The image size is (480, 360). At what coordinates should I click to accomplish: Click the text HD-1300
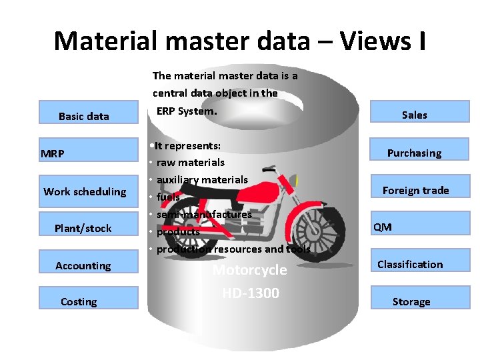[250, 293]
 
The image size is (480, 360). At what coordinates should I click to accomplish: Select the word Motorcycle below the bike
[249, 270]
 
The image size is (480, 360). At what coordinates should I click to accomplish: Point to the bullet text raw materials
[191, 162]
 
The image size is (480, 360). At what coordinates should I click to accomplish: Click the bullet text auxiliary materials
[202, 179]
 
